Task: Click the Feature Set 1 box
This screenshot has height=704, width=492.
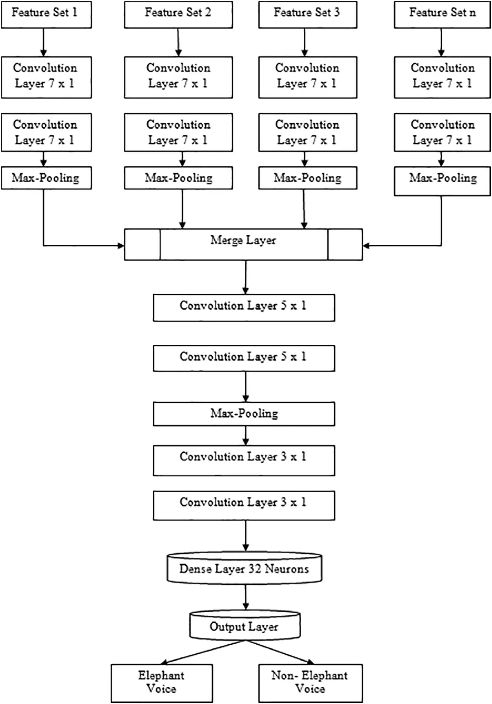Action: (x=46, y=14)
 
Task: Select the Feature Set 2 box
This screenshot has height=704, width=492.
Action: (x=178, y=14)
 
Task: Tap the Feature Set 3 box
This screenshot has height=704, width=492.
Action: (x=308, y=14)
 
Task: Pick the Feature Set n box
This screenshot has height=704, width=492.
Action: (x=442, y=14)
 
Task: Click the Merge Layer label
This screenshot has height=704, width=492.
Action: (x=243, y=240)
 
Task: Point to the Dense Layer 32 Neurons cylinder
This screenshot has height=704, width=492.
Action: (x=245, y=568)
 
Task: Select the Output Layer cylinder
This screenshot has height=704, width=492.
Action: (x=245, y=625)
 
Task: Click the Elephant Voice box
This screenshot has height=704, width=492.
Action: (x=162, y=683)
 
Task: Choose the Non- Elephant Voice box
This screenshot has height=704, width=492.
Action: (x=310, y=683)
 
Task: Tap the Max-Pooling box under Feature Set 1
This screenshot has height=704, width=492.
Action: (x=46, y=178)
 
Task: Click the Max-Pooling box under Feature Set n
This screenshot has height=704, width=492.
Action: (x=442, y=181)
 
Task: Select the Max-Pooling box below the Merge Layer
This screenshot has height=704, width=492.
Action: (x=244, y=414)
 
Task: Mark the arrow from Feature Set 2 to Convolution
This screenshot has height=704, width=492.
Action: (x=178, y=42)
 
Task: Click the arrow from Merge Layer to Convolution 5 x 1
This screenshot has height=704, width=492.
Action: (x=245, y=277)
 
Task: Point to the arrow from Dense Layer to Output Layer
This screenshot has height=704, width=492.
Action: (x=245, y=597)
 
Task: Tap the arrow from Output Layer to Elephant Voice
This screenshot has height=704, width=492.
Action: (x=203, y=652)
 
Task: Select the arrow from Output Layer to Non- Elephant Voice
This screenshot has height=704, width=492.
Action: (x=280, y=652)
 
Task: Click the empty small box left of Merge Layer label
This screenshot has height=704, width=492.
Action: (x=142, y=245)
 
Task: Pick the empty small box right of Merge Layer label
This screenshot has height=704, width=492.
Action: (x=345, y=245)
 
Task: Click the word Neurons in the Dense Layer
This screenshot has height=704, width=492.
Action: (x=287, y=568)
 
